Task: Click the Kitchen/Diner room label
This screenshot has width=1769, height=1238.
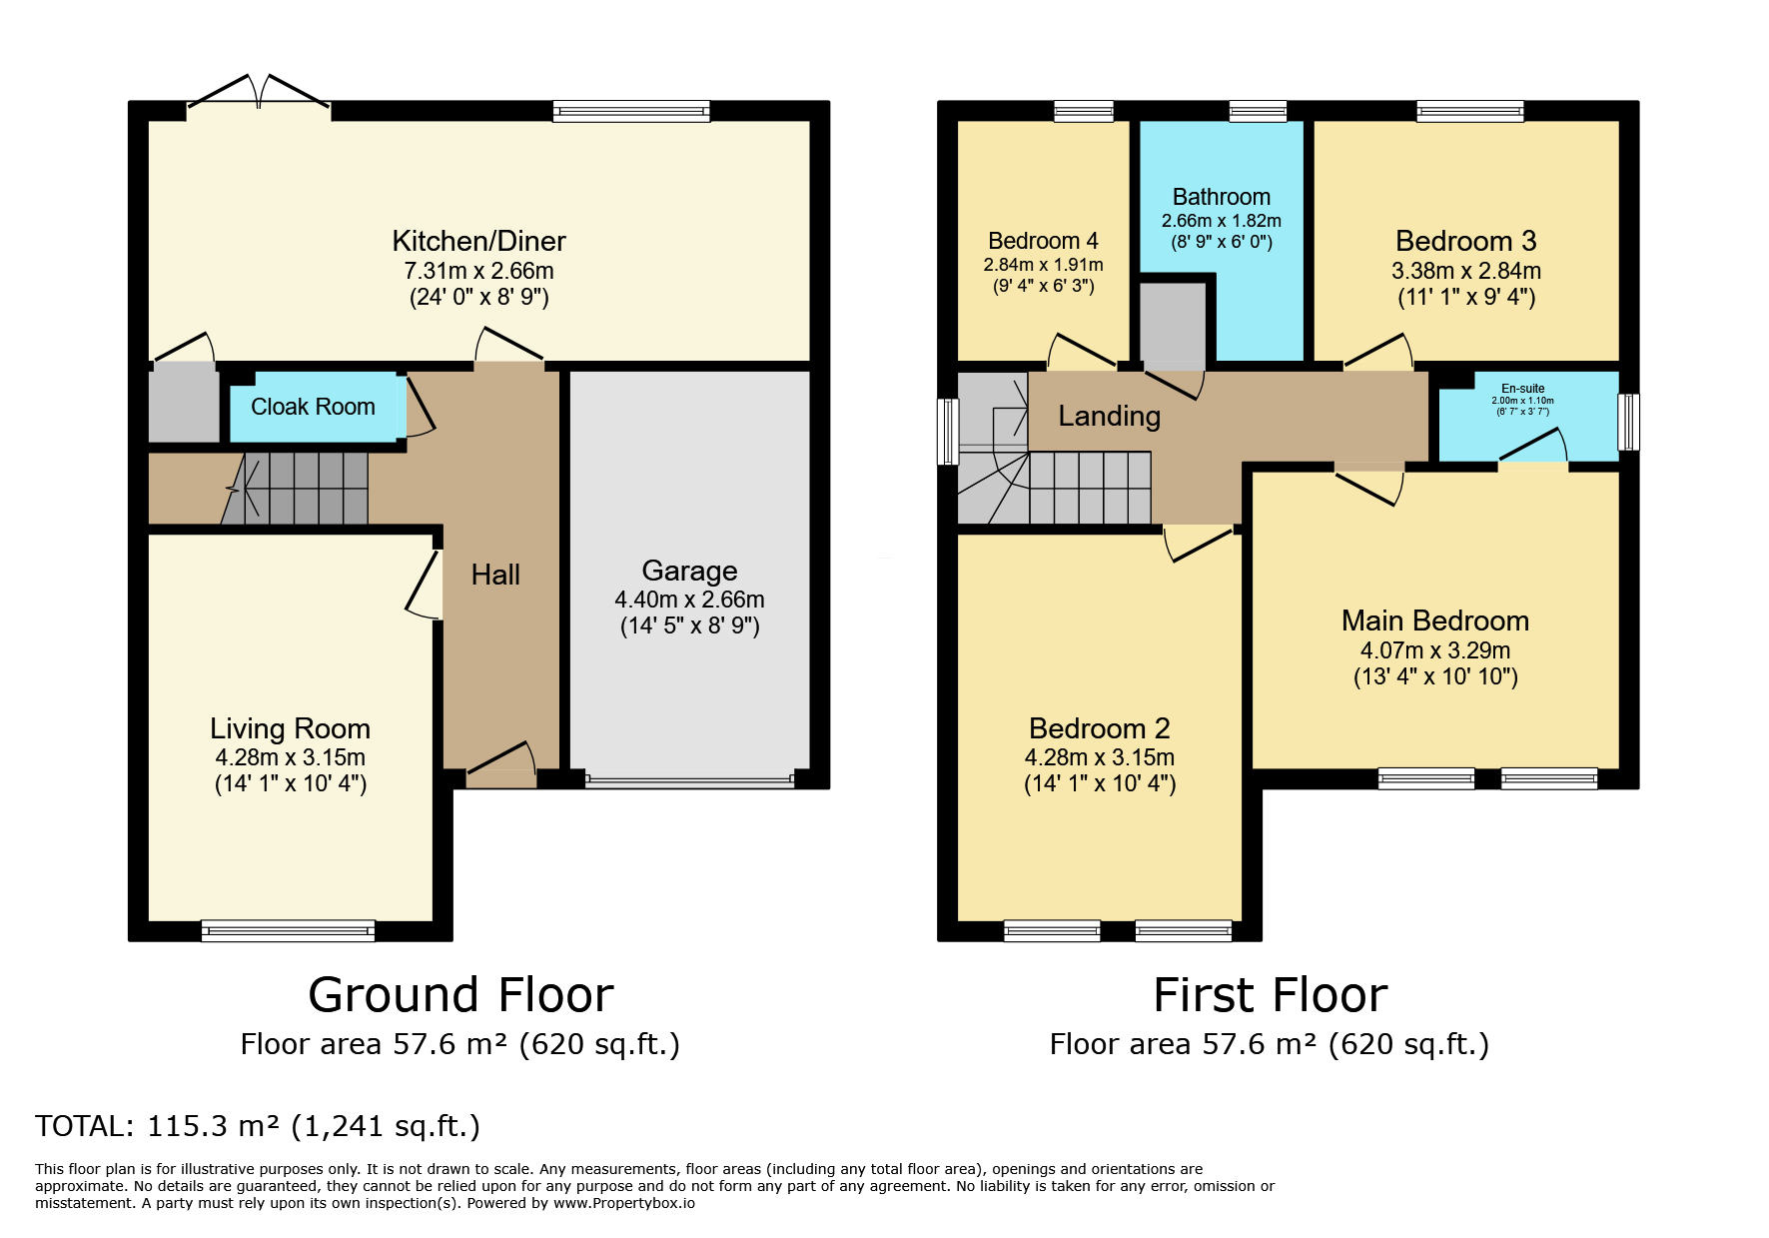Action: point(478,241)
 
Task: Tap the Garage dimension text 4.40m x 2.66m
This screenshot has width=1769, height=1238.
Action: point(689,600)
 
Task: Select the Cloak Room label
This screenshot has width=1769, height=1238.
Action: point(313,407)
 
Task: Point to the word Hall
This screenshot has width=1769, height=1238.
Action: point(495,575)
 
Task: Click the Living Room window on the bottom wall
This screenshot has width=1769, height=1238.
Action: point(288,931)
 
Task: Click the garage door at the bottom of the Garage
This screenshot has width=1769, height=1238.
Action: point(690,778)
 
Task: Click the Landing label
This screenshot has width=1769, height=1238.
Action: point(1110,416)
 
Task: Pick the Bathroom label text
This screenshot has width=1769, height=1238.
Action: point(1222,197)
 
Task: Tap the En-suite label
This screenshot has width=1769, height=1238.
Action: point(1523,389)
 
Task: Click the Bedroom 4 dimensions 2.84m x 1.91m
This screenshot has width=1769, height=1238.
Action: point(1043,265)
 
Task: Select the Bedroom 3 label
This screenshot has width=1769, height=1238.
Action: point(1465,241)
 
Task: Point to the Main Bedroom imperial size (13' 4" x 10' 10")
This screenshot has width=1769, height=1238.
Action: point(1435,676)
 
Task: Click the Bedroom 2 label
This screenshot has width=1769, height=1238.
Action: point(1099,728)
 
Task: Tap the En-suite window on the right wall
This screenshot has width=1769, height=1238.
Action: point(1628,422)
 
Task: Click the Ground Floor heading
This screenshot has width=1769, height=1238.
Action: point(460,995)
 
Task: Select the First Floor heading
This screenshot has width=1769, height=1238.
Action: point(1270,995)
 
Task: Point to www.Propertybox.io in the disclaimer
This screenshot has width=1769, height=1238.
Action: point(624,1203)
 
